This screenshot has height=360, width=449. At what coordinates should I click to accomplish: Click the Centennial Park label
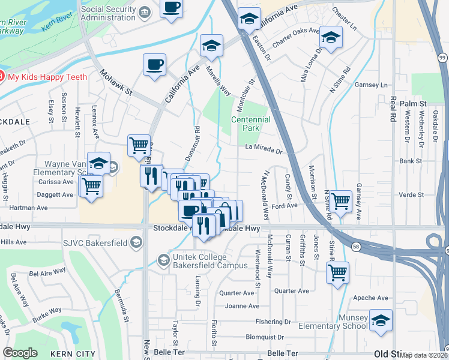[x=251, y=124]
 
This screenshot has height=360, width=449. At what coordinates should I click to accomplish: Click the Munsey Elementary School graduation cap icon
[x=380, y=321]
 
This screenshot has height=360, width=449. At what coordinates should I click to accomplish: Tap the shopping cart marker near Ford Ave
[x=340, y=200]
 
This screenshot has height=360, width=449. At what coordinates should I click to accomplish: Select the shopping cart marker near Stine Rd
[x=337, y=271]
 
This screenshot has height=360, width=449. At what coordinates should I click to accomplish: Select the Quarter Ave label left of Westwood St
[x=237, y=293]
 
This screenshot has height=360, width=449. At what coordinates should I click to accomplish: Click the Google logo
[x=20, y=353]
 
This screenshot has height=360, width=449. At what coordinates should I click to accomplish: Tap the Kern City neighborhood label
[x=70, y=354]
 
